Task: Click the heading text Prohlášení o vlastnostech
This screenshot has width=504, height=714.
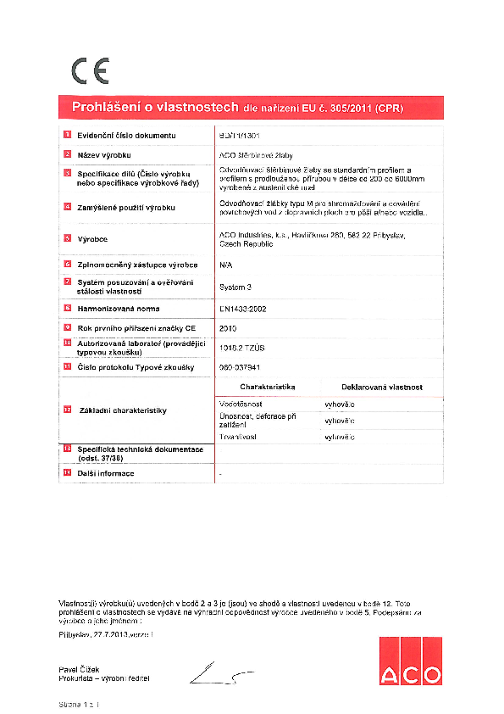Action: tap(155, 108)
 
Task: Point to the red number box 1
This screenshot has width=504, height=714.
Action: tap(68, 135)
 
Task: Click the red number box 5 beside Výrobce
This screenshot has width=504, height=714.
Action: tap(68, 240)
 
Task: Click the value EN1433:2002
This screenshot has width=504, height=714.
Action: tap(243, 309)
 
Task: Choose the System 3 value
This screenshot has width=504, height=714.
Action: tap(235, 287)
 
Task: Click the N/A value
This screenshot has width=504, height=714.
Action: tap(225, 265)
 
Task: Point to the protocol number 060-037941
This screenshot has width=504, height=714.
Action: tap(241, 367)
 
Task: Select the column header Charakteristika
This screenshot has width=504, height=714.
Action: tap(267, 387)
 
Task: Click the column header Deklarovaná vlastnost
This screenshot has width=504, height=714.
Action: tap(381, 387)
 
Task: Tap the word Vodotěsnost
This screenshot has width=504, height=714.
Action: tap(240, 404)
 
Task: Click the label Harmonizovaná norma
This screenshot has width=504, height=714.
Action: tap(118, 309)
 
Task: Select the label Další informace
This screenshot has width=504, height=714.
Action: tap(105, 472)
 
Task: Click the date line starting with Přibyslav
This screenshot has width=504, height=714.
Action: tap(107, 633)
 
